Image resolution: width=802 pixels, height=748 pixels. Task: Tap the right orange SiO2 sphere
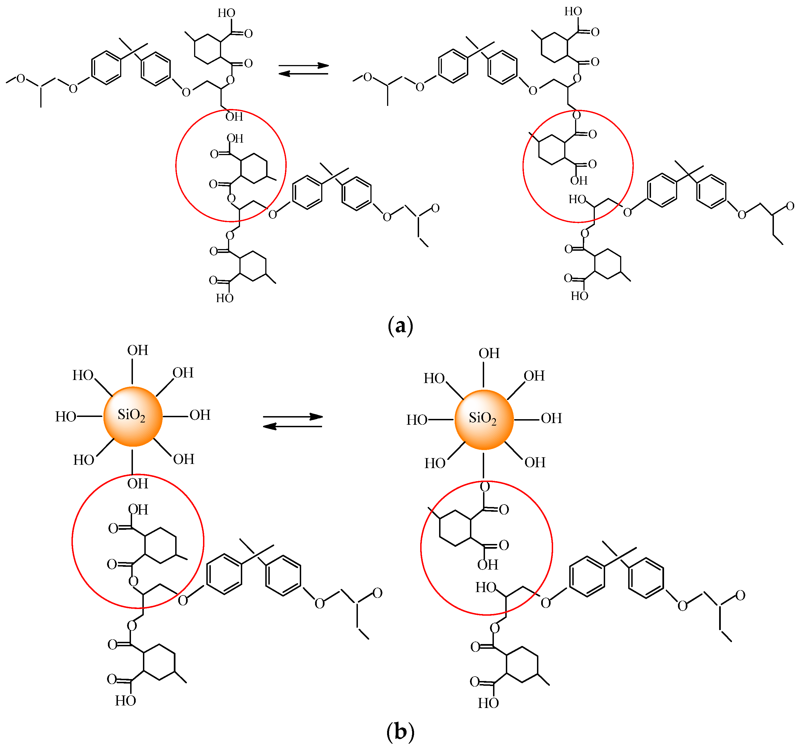click(484, 419)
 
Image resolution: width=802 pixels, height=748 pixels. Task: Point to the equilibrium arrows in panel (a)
click(303, 69)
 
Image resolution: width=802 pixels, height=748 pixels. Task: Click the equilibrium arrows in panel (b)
click(293, 421)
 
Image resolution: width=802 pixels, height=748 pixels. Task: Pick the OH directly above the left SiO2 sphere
click(138, 350)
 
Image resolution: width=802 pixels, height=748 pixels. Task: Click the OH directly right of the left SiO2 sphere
click(200, 415)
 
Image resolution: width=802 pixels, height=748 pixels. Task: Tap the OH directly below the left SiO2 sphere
click(138, 483)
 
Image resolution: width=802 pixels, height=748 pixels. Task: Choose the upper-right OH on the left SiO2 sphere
click(183, 372)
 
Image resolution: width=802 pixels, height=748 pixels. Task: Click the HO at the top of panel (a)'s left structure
click(226, 13)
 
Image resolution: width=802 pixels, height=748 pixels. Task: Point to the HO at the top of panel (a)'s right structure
click(573, 11)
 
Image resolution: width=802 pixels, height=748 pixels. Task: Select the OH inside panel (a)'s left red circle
click(235, 139)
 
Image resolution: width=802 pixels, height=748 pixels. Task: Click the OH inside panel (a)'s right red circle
click(579, 181)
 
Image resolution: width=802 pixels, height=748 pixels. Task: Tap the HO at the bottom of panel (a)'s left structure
click(225, 298)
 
